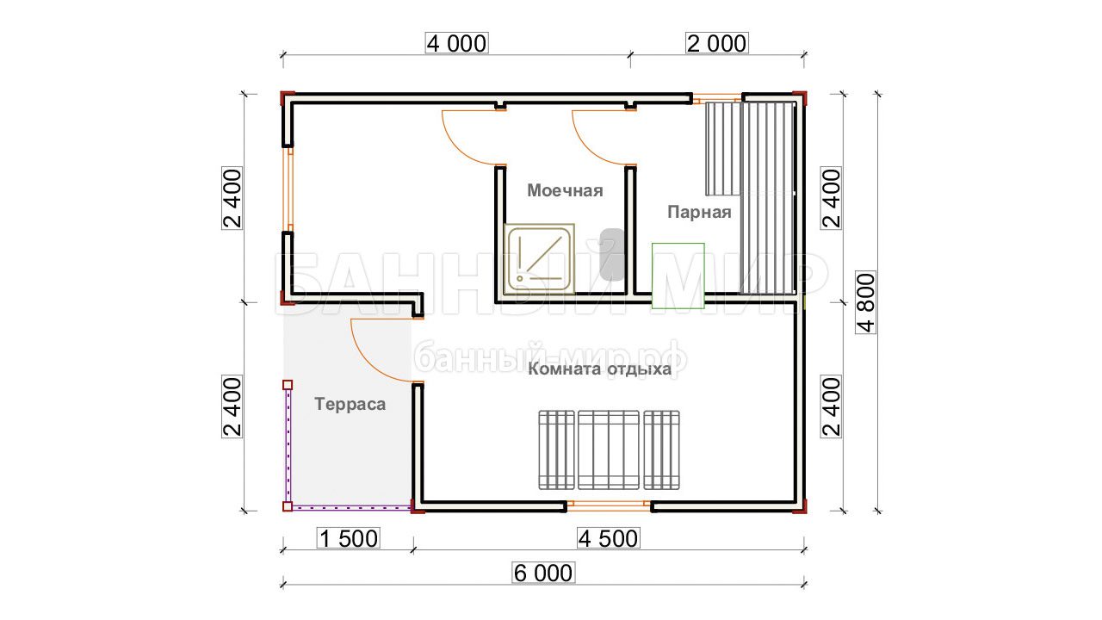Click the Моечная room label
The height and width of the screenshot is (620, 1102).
[565, 191]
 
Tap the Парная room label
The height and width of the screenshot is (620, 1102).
[699, 213]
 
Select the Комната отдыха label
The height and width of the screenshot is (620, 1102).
[599, 369]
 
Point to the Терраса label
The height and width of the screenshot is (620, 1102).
[350, 404]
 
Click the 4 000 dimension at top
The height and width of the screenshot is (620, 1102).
[456, 43]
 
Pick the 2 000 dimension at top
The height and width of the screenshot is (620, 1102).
[717, 43]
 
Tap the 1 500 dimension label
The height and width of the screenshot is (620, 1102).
[349, 538]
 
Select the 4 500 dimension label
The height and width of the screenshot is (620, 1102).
[609, 538]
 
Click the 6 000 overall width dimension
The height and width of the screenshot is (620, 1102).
[543, 573]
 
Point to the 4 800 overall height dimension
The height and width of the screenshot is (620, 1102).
[866, 302]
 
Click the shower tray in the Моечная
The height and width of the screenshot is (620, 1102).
[539, 258]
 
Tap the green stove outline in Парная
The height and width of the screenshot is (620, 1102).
[678, 276]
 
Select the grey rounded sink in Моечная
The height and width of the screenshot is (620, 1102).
[612, 255]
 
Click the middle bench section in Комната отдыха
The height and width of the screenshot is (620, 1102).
[609, 450]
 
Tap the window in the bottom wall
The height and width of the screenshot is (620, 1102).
[609, 506]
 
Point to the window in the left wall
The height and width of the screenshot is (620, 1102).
[288, 189]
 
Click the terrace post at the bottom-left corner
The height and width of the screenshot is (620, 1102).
[288, 506]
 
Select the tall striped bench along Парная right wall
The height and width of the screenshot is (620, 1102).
[767, 198]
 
